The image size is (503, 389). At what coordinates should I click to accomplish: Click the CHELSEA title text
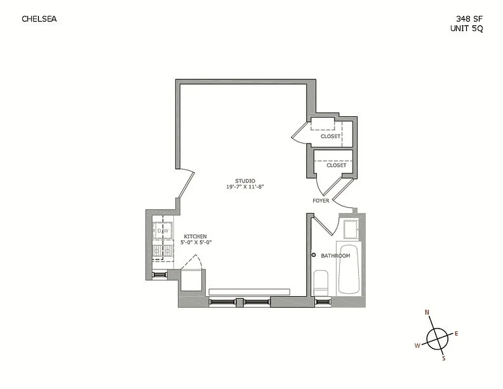tap(39, 19)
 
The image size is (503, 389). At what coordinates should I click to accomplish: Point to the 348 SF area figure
tap(469, 19)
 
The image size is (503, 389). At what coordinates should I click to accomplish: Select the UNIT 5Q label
tap(467, 28)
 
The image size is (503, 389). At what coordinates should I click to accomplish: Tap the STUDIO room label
tap(244, 181)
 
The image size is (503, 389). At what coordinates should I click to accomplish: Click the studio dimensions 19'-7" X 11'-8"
tap(244, 187)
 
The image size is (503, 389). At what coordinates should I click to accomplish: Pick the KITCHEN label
tap(195, 236)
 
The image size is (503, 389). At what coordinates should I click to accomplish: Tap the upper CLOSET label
tap(330, 137)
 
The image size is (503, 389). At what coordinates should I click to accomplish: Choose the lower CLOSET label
tap(336, 165)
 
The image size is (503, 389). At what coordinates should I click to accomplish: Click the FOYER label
tap(321, 201)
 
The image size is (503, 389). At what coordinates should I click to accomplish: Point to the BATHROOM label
tap(335, 256)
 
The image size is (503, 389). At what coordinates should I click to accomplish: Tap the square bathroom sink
tap(350, 229)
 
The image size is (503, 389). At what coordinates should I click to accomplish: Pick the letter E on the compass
tap(456, 334)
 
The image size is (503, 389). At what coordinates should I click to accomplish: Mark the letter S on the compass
tap(443, 359)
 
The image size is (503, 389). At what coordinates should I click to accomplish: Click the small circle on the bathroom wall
tap(313, 255)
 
